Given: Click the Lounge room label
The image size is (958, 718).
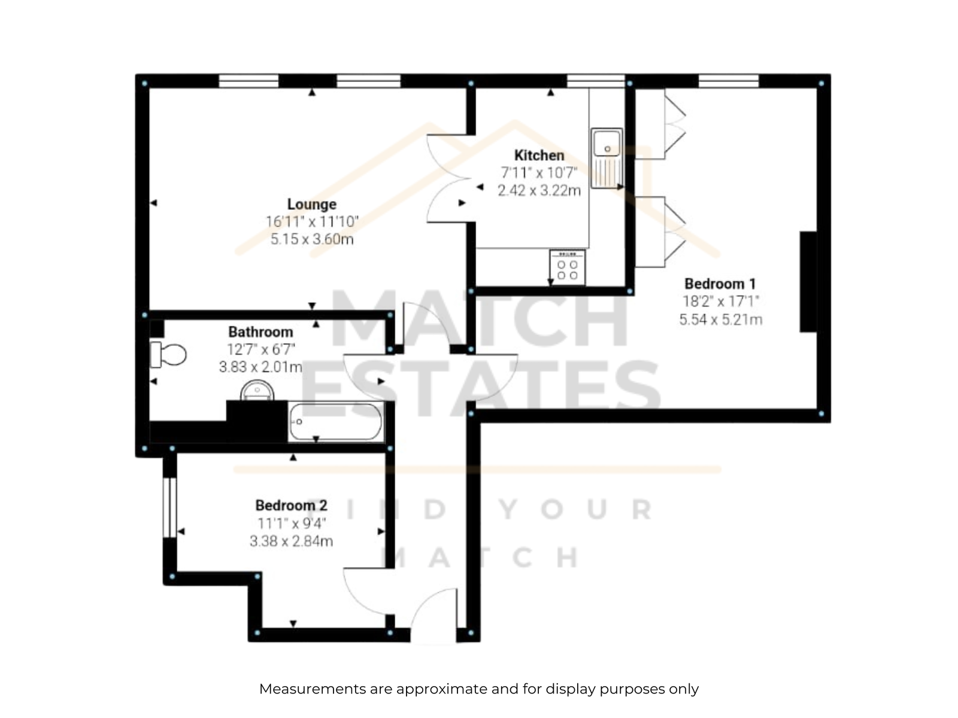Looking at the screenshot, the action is pos(311,204).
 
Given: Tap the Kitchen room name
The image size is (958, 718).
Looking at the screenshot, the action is pos(539,155).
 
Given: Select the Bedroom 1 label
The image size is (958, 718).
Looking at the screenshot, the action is pos(720,284).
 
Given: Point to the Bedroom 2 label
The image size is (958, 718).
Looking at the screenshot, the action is pos(291,505).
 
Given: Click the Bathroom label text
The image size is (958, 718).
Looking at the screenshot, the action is pos(260,331).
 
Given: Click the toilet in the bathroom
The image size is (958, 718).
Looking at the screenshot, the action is pos(168,354).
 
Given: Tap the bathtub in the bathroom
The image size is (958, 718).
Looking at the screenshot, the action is pos(336,422).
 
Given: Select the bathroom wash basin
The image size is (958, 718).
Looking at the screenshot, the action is pos(257,391).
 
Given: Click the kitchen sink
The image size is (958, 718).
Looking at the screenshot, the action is pos(607,158).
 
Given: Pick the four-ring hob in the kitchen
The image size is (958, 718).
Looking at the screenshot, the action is pos(568,267).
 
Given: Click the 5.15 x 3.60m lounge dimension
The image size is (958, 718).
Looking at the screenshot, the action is pos(311,239).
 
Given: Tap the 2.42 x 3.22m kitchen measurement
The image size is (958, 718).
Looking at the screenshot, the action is pos(539,190).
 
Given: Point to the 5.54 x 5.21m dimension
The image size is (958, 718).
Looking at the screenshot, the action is pos(720,320).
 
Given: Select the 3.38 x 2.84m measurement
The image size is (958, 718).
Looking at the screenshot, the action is pos(291,541).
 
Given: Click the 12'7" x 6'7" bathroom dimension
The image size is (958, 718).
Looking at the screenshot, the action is pos(260,349).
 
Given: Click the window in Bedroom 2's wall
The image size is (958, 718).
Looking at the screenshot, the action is pos(170,507).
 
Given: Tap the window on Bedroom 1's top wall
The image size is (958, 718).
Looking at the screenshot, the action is pos(729,81).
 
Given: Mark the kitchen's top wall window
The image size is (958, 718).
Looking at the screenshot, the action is pos(596,81).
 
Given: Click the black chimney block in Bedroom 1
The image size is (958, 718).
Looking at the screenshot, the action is pos(808,282).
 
